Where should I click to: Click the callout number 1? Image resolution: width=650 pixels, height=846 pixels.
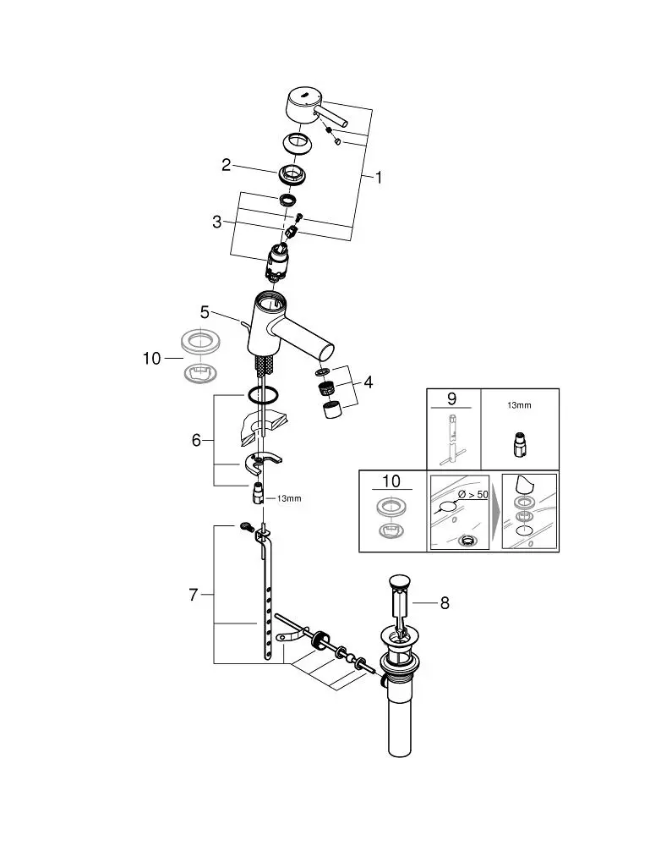point(379,178)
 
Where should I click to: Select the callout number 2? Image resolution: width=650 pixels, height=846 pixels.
point(226,165)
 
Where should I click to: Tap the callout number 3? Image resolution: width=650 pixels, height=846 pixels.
point(217,222)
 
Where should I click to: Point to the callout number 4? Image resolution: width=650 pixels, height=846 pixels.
point(369,382)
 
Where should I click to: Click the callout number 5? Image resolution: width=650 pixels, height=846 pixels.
point(205,312)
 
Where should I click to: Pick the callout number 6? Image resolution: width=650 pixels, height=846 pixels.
point(197,440)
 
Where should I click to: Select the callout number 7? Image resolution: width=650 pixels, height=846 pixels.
point(193,595)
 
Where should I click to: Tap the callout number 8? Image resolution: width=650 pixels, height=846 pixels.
point(445,603)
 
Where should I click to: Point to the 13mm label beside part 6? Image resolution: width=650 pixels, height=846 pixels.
point(288,498)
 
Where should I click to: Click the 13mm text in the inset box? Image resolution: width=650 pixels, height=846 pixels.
point(519,405)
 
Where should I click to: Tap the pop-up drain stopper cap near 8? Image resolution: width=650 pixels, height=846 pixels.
point(398,583)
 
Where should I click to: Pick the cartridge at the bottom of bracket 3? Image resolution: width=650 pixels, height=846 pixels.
point(280,261)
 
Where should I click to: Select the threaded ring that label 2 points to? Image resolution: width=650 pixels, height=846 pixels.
point(292,175)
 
